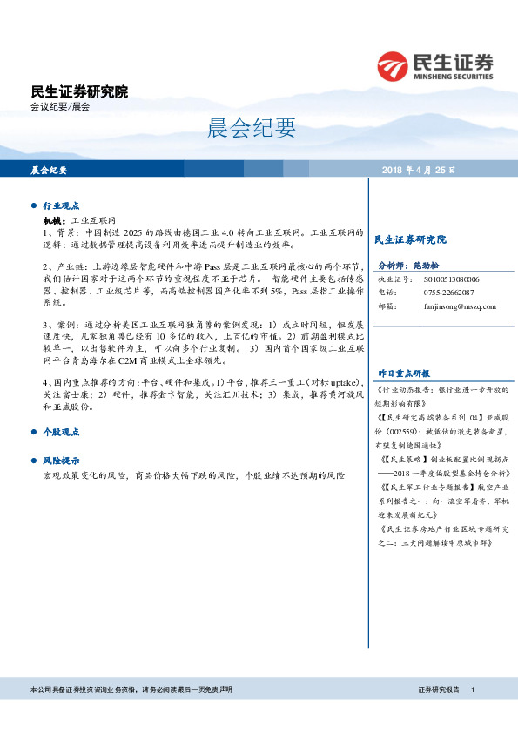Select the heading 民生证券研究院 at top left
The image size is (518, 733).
[79, 91]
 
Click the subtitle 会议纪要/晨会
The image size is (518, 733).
[60, 107]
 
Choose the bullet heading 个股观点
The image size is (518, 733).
[61, 431]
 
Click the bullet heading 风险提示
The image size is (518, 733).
[61, 460]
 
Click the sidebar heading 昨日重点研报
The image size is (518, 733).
[405, 372]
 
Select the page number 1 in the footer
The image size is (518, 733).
[472, 689]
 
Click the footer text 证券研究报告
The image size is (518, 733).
[439, 689]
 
